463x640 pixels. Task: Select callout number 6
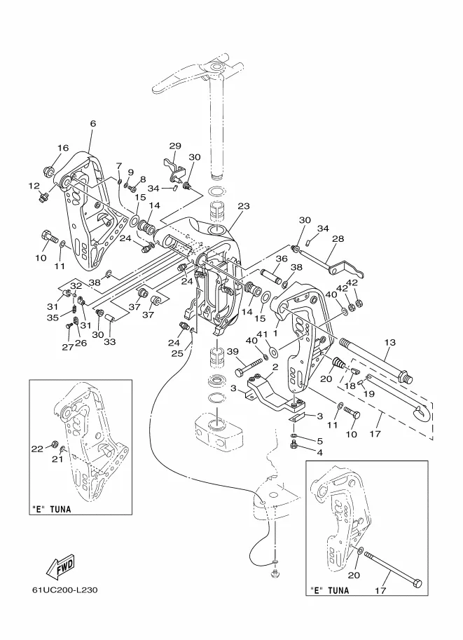(92, 123)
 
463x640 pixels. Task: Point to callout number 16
(63, 148)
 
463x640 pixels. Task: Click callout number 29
(174, 145)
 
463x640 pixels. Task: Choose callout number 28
(338, 239)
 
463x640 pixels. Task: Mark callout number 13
(389, 341)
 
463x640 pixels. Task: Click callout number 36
(280, 259)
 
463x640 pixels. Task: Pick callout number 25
(177, 354)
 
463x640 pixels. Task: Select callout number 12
(33, 186)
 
